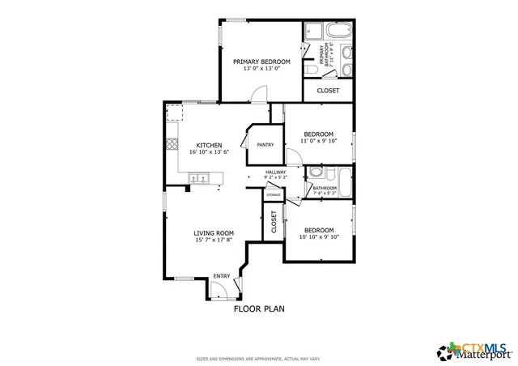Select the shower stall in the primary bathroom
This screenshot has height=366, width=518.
pyautogui.click(x=347, y=55)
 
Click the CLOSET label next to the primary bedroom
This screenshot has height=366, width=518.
pyautogui.click(x=328, y=91)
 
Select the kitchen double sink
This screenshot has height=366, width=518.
pyautogui.click(x=199, y=177)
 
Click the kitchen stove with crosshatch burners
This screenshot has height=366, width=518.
pyautogui.click(x=172, y=145)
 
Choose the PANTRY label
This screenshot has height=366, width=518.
pyautogui.click(x=265, y=145)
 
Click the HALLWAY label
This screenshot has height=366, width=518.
pyautogui.click(x=276, y=171)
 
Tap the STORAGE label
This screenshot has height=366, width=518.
pyautogui.click(x=274, y=195)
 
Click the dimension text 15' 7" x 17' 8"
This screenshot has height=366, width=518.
pyautogui.click(x=213, y=240)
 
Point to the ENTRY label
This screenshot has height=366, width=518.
pyautogui.click(x=221, y=276)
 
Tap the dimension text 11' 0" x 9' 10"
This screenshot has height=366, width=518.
pyautogui.click(x=318, y=142)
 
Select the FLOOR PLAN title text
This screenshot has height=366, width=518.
pyautogui.click(x=258, y=309)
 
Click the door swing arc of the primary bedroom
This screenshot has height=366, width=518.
pyautogui.click(x=256, y=96)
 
